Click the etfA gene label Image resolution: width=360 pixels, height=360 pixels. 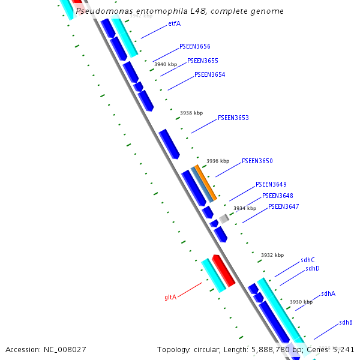click(x=174, y=24)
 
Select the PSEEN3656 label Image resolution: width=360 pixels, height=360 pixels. click(x=195, y=46)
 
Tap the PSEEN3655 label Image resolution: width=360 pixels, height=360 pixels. click(x=203, y=61)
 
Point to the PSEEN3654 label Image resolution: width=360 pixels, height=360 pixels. click(x=210, y=75)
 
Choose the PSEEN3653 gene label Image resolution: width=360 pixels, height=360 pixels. click(x=233, y=118)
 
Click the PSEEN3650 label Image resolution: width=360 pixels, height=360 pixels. click(x=257, y=161)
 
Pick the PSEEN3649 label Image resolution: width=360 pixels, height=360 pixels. click(x=271, y=185)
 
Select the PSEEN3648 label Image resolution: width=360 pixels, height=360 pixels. click(x=278, y=196)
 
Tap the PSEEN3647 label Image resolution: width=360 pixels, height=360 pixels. click(x=284, y=206)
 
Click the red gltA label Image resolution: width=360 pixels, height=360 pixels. click(x=170, y=297)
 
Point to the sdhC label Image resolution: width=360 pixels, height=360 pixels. click(x=308, y=260)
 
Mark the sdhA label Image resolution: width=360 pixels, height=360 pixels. click(x=328, y=294)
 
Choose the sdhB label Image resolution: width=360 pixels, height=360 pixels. click(x=346, y=323)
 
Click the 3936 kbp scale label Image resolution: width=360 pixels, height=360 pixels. click(x=218, y=161)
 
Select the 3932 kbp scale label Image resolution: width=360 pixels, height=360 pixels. click(x=272, y=255)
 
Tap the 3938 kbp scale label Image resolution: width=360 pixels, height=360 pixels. click(x=191, y=113)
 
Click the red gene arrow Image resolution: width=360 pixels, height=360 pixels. click(x=223, y=270)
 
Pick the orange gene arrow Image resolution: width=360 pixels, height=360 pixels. click(x=206, y=182)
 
